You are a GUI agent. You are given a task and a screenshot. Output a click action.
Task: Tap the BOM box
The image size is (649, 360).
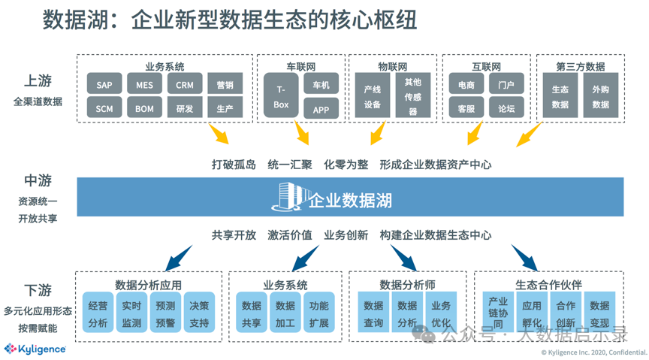coord(144,107)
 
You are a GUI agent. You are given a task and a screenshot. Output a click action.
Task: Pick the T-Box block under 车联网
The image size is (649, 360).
coord(281,95)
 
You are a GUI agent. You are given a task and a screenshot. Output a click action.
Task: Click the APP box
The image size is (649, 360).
coord(321,108)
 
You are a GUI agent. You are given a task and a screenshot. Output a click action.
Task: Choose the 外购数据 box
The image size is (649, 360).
coord(601,95)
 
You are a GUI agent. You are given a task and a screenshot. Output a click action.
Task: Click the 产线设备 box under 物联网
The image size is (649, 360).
coord(373,95)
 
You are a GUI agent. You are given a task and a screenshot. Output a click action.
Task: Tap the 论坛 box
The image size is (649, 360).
coord(506,107)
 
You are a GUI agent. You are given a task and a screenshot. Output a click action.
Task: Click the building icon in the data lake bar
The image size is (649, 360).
coord(291,196)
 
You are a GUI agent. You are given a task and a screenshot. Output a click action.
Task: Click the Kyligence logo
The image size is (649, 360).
coord(35,349)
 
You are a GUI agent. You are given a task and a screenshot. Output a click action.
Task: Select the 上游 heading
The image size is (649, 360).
coord(38,80)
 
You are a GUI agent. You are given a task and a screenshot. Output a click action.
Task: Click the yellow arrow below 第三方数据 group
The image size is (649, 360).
coord(529,135)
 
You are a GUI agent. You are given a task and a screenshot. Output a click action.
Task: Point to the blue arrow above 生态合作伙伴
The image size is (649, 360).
coord(524,257)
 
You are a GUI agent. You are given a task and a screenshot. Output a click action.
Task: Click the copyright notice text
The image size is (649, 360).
coord(594,352)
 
